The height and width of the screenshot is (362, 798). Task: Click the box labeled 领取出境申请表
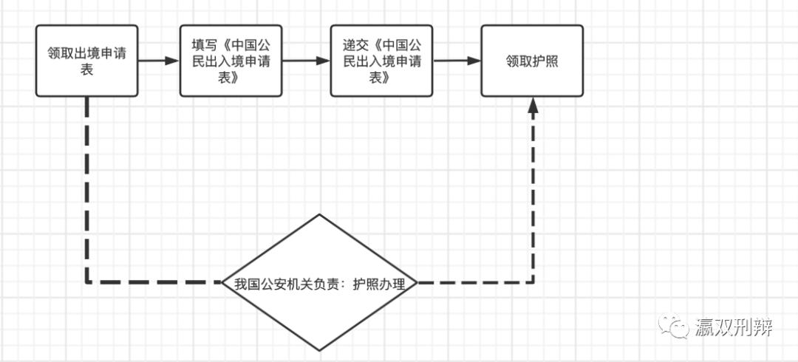coord(87,61)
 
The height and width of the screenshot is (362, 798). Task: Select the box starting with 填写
coord(231,61)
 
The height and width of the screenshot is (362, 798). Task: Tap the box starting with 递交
coord(381,61)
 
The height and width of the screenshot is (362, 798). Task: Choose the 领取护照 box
coord(532,61)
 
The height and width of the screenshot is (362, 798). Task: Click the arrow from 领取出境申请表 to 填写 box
coord(159,61)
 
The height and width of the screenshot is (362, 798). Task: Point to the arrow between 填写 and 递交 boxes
coord(305,61)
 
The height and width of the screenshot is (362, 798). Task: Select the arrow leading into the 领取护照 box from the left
coord(456,61)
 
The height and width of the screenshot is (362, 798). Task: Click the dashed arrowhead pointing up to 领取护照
coord(533,106)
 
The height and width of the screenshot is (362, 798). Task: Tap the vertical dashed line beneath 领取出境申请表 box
coord(87,185)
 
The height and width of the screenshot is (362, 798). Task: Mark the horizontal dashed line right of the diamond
coord(473,282)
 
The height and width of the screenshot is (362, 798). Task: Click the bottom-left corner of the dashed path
coord(87,282)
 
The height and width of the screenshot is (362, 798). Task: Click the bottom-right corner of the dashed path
coord(533,282)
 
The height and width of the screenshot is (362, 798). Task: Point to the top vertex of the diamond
coord(319,215)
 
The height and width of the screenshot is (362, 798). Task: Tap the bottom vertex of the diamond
coord(319,349)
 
